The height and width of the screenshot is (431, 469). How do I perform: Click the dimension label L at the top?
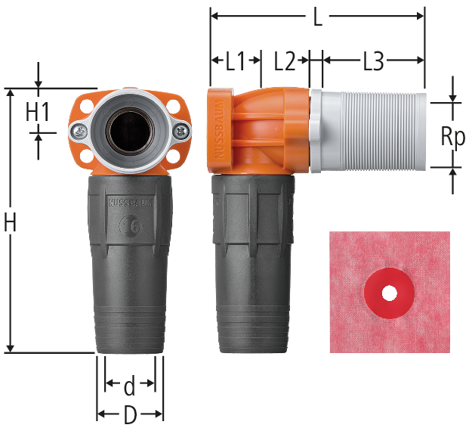(x=318, y=17)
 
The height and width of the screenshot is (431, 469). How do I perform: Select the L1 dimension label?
(x=235, y=60)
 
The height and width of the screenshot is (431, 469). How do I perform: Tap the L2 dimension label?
(x=285, y=60)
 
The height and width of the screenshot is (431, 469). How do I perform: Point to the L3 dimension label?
(x=373, y=60)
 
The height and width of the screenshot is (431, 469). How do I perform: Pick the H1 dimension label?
(x=38, y=112)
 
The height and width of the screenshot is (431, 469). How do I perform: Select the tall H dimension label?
(x=10, y=222)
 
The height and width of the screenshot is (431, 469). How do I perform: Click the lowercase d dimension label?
(x=129, y=386)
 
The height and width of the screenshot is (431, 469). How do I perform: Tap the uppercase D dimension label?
(x=130, y=415)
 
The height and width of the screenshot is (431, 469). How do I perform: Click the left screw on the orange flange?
(x=79, y=131)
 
